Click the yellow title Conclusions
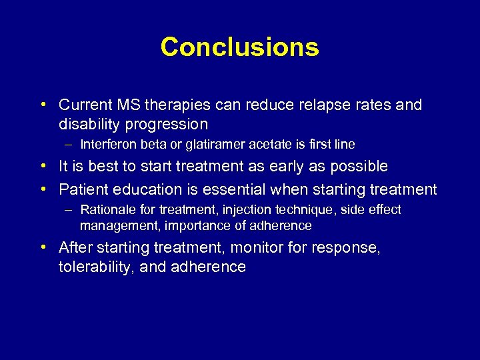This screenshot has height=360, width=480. [x=239, y=47]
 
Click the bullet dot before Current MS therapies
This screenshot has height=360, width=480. [x=42, y=105]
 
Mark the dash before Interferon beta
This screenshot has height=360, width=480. [x=69, y=144]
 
